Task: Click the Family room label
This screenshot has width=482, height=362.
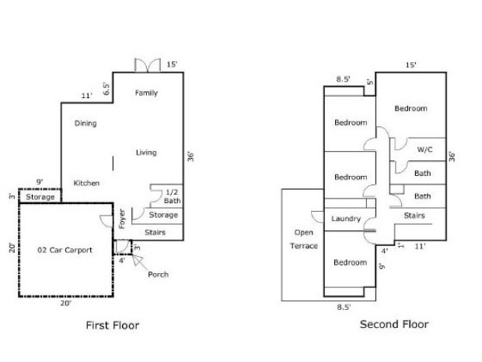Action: tap(146, 93)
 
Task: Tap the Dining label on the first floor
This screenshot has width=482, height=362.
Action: tap(86, 124)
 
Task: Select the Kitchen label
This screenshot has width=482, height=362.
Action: tap(86, 183)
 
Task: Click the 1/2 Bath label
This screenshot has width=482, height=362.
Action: tap(172, 197)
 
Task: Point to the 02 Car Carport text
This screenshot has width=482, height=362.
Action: tap(65, 250)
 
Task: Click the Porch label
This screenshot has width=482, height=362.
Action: tap(158, 274)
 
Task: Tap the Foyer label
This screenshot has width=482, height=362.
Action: tap(122, 219)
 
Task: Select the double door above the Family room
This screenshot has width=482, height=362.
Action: tap(148, 65)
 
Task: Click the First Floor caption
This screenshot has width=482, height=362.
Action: tap(113, 325)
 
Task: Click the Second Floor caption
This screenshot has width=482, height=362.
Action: tap(394, 324)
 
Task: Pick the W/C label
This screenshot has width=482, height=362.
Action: tap(424, 149)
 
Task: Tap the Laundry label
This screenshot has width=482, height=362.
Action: tap(346, 219)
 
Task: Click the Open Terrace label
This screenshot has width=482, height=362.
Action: tap(304, 239)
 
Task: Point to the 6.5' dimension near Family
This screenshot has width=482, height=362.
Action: tap(107, 89)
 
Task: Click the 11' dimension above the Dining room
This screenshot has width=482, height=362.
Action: tap(87, 96)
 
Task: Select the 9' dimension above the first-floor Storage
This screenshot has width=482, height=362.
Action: tap(40, 182)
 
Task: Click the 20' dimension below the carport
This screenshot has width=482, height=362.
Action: tap(66, 303)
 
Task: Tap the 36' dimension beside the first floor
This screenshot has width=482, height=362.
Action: tap(190, 156)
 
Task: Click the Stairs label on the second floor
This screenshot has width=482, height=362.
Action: tap(414, 216)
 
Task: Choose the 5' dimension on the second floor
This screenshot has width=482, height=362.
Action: tap(370, 83)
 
